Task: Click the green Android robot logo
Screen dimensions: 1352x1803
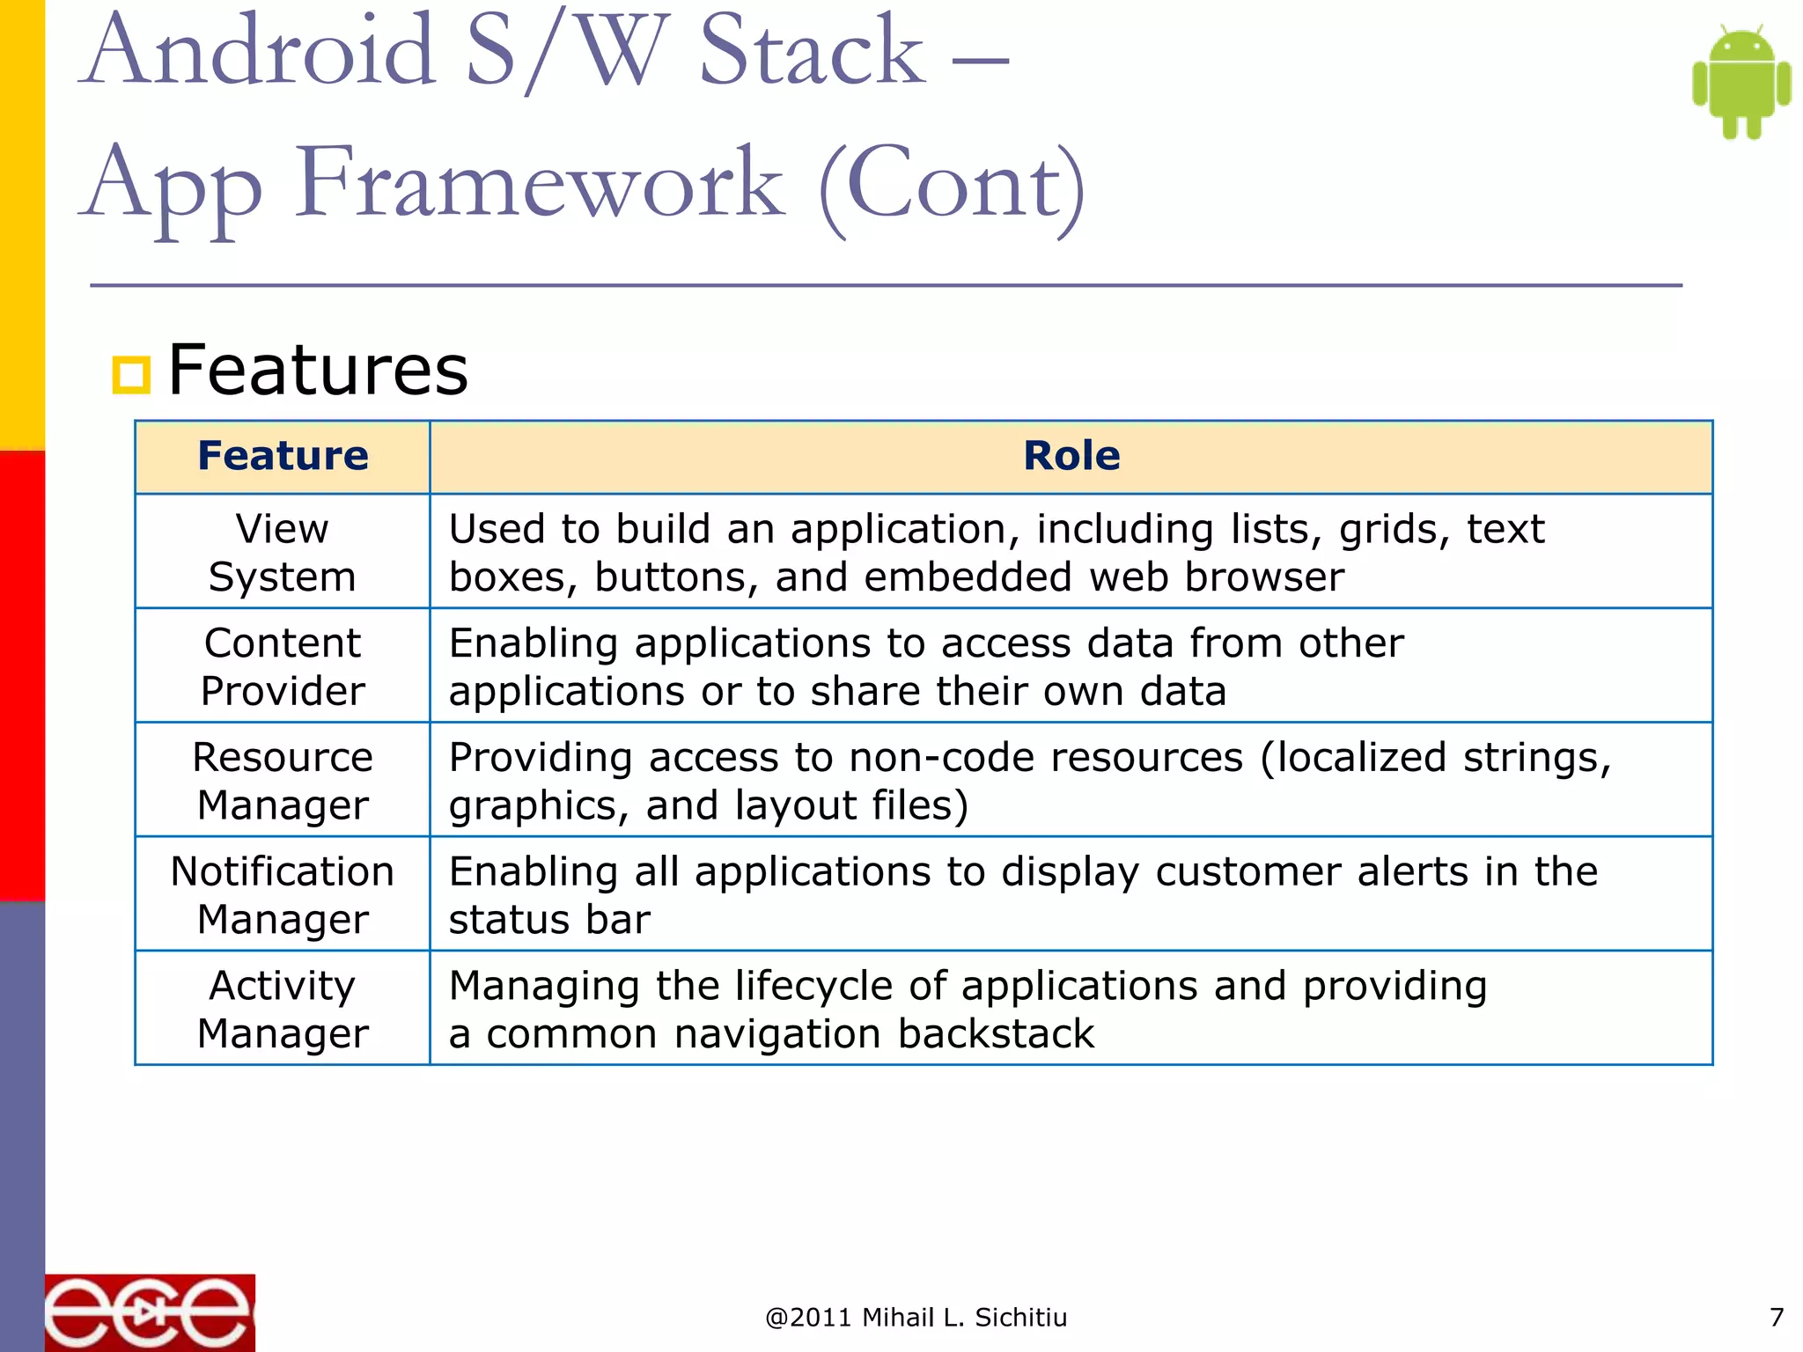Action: coord(1740,83)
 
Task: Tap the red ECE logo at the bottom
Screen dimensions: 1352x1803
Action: coord(150,1312)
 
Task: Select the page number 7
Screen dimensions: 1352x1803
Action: coord(1776,1318)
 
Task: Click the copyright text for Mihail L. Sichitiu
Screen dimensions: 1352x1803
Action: coord(916,1318)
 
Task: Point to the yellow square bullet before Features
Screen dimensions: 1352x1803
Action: coord(132,375)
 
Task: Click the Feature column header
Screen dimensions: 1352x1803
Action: coord(283,456)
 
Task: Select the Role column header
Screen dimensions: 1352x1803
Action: coord(1071,456)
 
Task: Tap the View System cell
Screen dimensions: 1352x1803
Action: coord(283,553)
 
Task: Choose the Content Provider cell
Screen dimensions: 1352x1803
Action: coord(283,667)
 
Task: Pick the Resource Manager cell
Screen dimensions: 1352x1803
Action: coord(283,781)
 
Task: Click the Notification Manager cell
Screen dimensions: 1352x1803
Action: coord(283,895)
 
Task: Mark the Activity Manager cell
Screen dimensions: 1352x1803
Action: coord(283,1009)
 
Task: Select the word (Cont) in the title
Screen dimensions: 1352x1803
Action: coord(953,185)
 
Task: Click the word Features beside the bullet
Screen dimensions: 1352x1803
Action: coord(318,371)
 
